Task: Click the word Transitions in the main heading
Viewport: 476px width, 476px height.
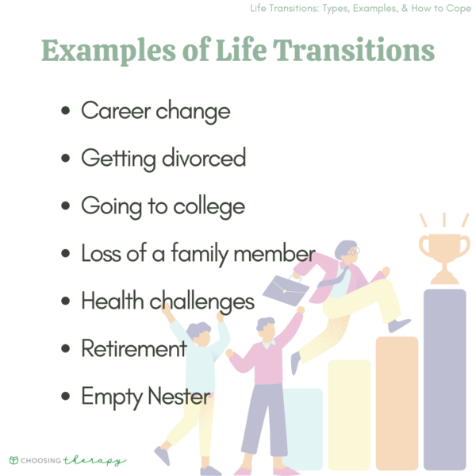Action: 356,51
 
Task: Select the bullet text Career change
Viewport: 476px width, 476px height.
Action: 155,111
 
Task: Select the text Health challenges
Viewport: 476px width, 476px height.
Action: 167,301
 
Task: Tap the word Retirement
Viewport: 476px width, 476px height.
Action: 134,348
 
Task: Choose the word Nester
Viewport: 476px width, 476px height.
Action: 178,396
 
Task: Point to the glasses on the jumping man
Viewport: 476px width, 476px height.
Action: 351,252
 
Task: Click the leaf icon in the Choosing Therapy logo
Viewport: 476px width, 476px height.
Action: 13,460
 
